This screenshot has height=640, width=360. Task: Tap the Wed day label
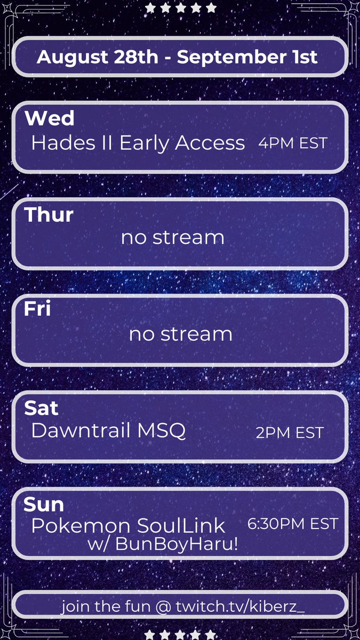coord(50,118)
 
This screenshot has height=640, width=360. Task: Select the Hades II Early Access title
coord(138,143)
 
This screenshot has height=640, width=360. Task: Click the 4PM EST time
coord(292,143)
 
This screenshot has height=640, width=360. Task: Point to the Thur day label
coord(49,215)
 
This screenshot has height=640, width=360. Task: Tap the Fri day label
coord(37,309)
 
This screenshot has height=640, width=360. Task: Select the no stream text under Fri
coord(180,334)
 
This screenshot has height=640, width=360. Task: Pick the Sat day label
coord(41,408)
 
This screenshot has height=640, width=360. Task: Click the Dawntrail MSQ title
coord(108,431)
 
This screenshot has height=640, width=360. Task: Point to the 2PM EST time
coord(290,433)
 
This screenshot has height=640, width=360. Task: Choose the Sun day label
coord(44,504)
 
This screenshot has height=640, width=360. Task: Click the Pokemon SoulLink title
coord(128,526)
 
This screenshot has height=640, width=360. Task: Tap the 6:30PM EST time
coord(293,524)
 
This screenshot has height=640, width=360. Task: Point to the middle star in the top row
coord(181,7)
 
